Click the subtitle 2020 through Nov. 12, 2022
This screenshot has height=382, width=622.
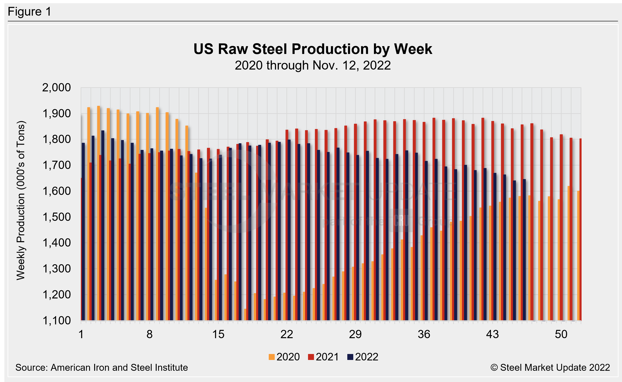[x=313, y=65]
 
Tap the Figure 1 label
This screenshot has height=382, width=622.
[x=30, y=12]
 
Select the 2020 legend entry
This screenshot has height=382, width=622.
[x=284, y=357]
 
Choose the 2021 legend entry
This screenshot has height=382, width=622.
[x=323, y=357]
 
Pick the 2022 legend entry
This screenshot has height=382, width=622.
[x=363, y=357]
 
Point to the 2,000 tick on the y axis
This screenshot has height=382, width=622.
[x=56, y=88]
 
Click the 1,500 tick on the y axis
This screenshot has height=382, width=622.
[x=56, y=217]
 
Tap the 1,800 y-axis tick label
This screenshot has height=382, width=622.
[x=56, y=139]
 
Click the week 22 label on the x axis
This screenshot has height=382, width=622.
[x=287, y=334]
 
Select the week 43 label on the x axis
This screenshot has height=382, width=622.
[x=492, y=334]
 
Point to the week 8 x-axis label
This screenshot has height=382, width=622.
[x=149, y=334]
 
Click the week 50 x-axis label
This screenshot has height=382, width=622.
[x=561, y=334]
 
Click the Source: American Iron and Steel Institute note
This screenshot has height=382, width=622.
[x=102, y=367]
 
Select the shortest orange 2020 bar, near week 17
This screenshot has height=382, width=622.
[x=245, y=315]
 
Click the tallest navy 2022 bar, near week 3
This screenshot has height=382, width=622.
[x=103, y=225]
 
